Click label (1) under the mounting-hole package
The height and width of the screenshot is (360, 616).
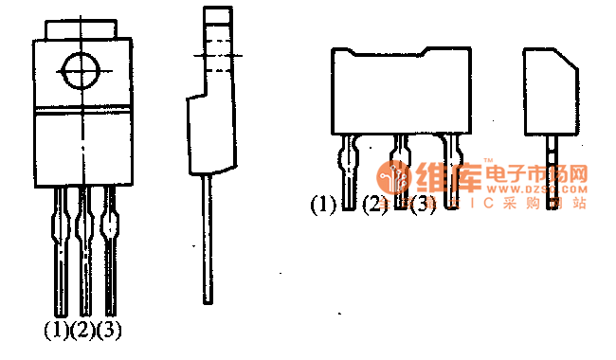coord(56,331)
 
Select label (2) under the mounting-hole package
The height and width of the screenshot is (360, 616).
coord(83,331)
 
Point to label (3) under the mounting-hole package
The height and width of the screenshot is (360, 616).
coord(110,331)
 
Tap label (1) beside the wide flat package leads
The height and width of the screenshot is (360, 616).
coord(324,204)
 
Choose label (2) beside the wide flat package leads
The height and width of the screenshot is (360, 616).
coord(375,204)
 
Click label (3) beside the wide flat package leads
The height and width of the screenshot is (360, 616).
coord(423,204)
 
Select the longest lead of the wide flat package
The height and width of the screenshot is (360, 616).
coord(451,171)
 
